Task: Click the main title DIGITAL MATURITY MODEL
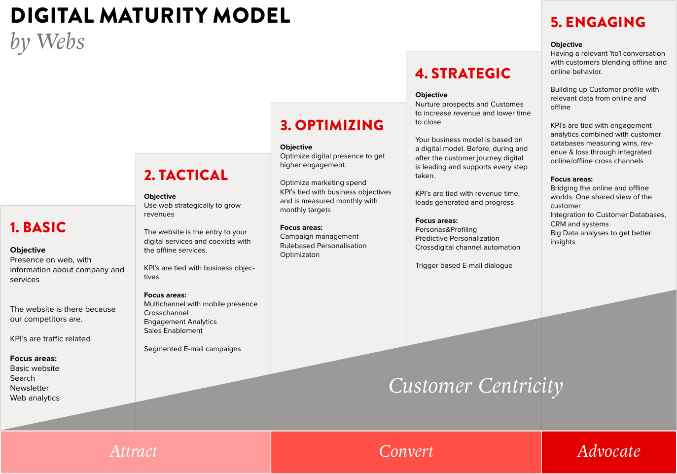click(x=150, y=15)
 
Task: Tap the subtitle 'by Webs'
click(x=47, y=42)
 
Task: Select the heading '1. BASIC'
click(x=38, y=227)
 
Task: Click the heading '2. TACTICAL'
click(x=186, y=175)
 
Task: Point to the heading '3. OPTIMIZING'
click(x=332, y=125)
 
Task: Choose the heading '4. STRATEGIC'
click(x=463, y=73)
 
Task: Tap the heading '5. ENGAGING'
click(x=598, y=22)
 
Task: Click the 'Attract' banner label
click(x=134, y=451)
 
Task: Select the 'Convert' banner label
click(x=406, y=451)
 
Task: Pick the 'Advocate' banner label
click(x=608, y=451)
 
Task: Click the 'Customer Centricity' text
click(x=476, y=386)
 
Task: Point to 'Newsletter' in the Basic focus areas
click(x=29, y=388)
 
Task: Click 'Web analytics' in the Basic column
click(x=35, y=398)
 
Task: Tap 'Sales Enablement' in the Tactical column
click(x=173, y=330)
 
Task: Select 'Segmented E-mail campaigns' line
click(x=192, y=349)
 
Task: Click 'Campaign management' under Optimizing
click(x=319, y=237)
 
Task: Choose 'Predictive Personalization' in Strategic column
click(x=457, y=239)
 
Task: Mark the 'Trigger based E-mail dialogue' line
click(x=464, y=266)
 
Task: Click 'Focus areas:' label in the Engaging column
click(x=571, y=179)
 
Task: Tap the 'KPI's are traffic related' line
click(x=50, y=339)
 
